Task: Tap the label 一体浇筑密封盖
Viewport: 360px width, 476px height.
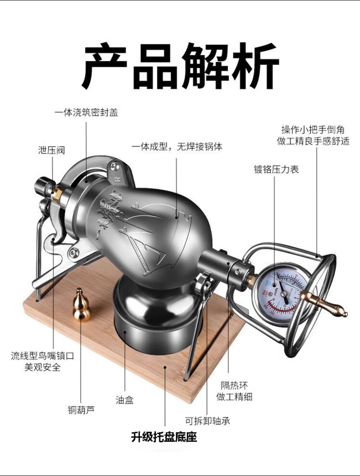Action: pyautogui.click(x=86, y=113)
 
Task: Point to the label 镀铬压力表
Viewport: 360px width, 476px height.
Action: pyautogui.click(x=276, y=169)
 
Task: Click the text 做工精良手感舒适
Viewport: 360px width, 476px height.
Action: pyautogui.click(x=313, y=141)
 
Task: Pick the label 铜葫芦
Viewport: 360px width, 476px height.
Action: pyautogui.click(x=81, y=410)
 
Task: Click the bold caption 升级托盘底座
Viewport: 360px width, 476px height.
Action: pyautogui.click(x=164, y=437)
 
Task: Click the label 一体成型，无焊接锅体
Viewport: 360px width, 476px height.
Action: pyautogui.click(x=177, y=146)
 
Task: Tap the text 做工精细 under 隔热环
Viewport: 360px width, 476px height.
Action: pyautogui.click(x=235, y=397)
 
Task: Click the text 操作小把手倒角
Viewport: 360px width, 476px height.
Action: pyautogui.click(x=312, y=130)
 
